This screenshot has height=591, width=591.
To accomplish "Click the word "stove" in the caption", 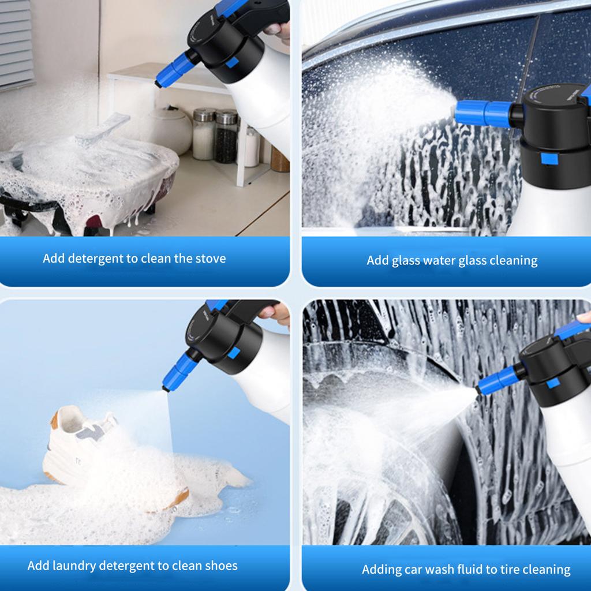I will [x=211, y=258].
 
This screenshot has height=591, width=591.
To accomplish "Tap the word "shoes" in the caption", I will [x=221, y=566].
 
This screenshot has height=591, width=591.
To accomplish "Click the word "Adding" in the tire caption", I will [x=381, y=570].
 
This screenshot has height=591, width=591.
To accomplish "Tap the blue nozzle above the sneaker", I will [x=179, y=372].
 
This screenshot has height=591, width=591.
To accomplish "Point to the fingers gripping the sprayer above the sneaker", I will [x=275, y=314].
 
